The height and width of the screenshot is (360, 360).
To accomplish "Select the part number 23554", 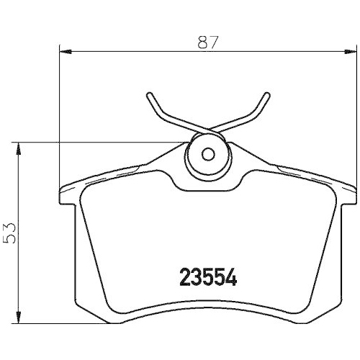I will [207, 276].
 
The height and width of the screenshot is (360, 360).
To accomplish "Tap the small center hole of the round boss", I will [207, 153].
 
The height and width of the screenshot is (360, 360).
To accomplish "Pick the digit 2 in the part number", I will [182, 276].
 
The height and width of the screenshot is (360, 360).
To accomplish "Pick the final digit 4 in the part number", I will [232, 276].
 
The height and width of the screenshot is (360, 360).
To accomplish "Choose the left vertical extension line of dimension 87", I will [58, 108].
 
